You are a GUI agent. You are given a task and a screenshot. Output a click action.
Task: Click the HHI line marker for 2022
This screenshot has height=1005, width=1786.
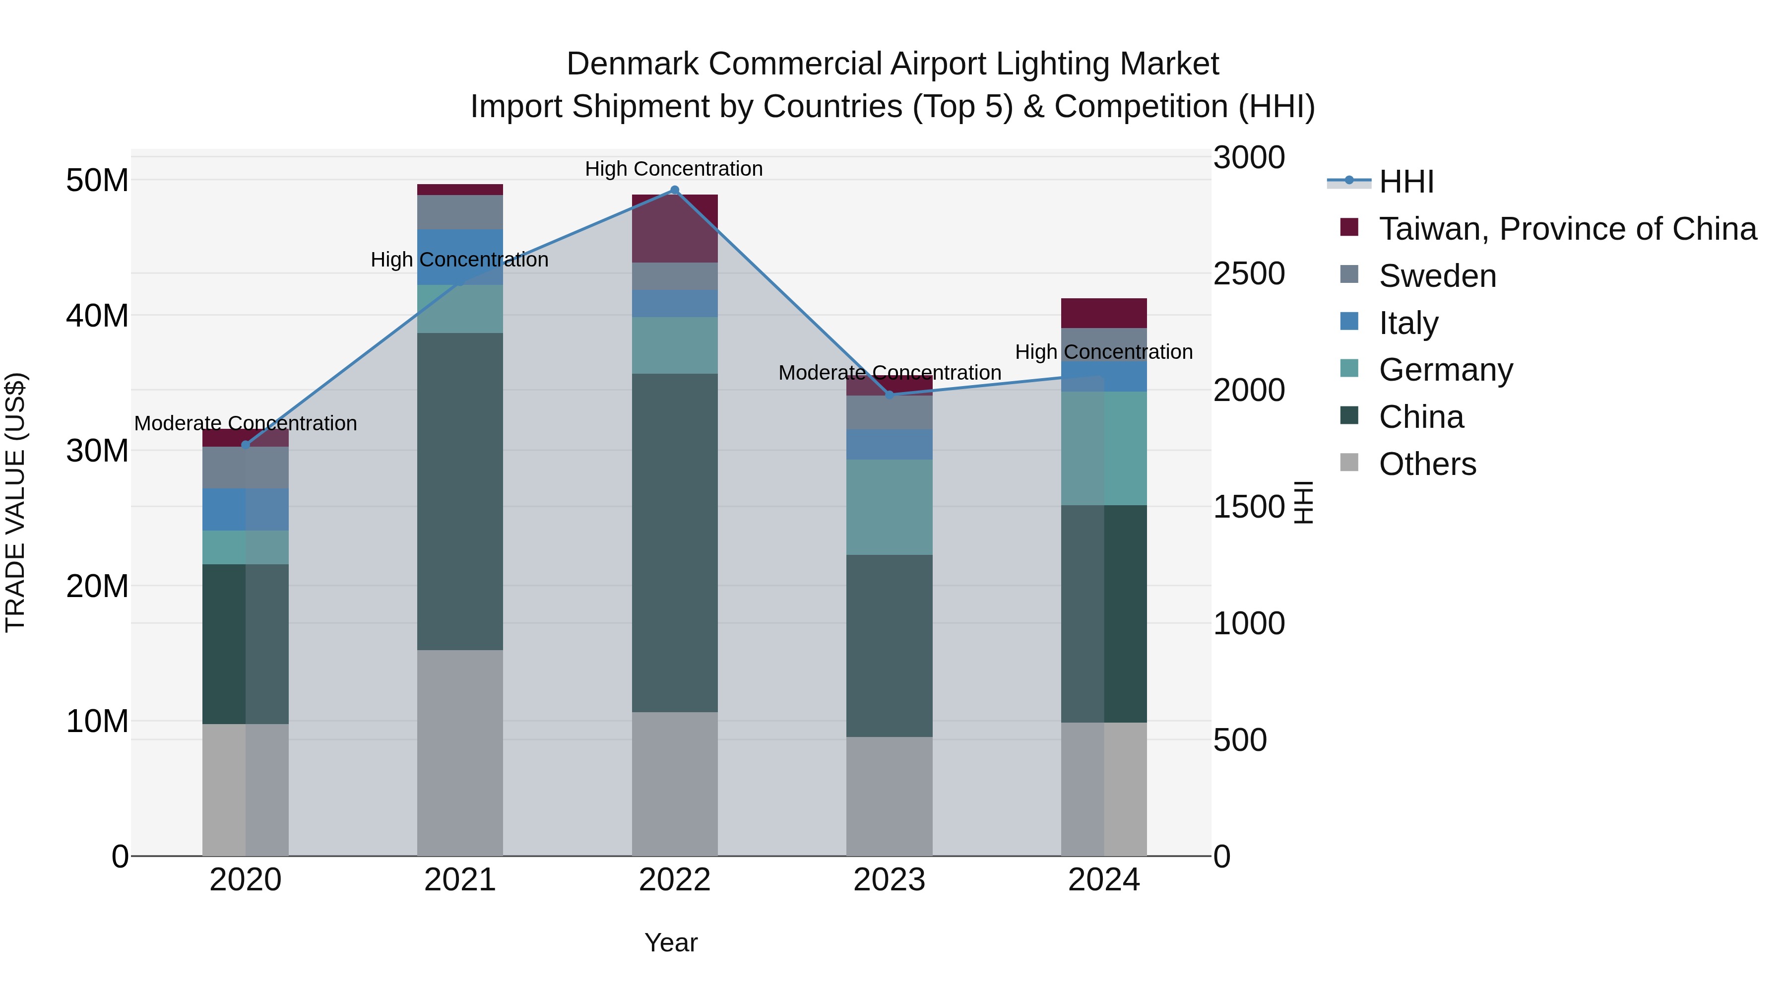pos(675,190)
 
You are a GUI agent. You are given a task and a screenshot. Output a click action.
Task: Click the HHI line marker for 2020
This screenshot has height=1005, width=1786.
pos(246,445)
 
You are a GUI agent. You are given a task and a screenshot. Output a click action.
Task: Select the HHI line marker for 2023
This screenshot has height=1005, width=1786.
pos(890,395)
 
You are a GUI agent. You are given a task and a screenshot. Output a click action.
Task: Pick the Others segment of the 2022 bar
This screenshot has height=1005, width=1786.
pos(675,784)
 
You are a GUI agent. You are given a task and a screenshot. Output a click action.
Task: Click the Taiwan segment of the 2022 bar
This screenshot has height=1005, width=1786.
pos(675,228)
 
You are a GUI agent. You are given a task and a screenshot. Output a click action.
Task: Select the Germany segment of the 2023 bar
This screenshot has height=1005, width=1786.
pos(890,507)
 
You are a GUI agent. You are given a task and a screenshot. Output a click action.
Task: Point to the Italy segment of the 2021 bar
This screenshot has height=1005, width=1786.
pos(460,257)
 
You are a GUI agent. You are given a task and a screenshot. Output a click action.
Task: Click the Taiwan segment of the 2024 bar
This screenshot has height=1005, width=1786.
pos(1104,313)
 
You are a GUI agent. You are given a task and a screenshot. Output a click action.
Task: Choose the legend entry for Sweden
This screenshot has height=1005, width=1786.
pos(1437,276)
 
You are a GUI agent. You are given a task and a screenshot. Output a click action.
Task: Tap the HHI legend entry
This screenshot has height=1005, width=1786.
pos(1405,182)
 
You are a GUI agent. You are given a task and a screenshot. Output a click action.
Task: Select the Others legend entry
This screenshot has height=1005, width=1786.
pos(1427,464)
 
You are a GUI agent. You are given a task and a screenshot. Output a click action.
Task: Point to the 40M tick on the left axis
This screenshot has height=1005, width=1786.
pos(97,316)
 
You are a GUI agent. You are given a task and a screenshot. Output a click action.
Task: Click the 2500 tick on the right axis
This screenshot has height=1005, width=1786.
pos(1249,273)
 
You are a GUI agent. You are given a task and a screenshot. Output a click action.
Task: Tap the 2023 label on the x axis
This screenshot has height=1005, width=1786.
pos(890,880)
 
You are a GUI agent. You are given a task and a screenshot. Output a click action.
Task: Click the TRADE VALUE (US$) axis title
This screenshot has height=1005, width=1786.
pos(16,502)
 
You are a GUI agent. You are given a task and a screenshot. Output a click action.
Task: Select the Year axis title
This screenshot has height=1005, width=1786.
pos(670,942)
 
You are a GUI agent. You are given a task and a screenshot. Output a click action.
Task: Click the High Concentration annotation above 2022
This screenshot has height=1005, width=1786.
pos(673,169)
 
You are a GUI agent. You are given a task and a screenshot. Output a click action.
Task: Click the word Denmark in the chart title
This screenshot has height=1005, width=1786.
pos(633,64)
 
